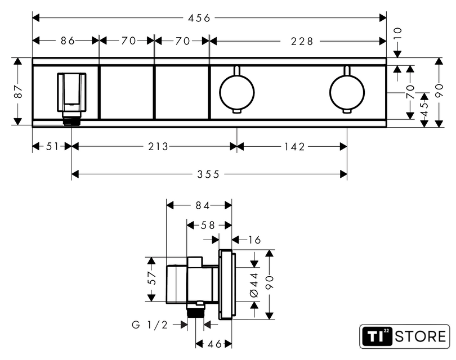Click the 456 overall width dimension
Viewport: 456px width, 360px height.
click(x=199, y=18)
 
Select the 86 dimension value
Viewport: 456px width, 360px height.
click(x=68, y=40)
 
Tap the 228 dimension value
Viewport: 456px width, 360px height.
click(x=302, y=41)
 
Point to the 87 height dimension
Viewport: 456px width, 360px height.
click(x=19, y=91)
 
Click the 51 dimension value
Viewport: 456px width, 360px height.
click(x=53, y=146)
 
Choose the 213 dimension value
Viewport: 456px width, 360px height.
click(x=158, y=146)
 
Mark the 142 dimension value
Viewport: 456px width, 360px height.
click(x=294, y=147)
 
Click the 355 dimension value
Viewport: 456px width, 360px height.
click(x=208, y=174)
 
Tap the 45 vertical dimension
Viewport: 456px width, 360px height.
click(x=424, y=105)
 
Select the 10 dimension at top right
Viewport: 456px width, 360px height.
click(x=397, y=33)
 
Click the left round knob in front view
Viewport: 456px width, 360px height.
click(x=236, y=93)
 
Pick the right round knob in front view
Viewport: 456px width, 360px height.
click(x=347, y=93)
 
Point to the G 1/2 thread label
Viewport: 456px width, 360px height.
click(x=150, y=325)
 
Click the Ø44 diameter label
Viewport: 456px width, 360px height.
click(x=254, y=285)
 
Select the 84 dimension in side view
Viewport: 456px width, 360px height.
click(x=203, y=205)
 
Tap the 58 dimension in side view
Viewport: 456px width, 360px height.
click(x=208, y=225)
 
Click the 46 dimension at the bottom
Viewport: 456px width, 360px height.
click(x=214, y=344)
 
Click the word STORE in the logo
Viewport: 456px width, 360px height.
click(x=420, y=336)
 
